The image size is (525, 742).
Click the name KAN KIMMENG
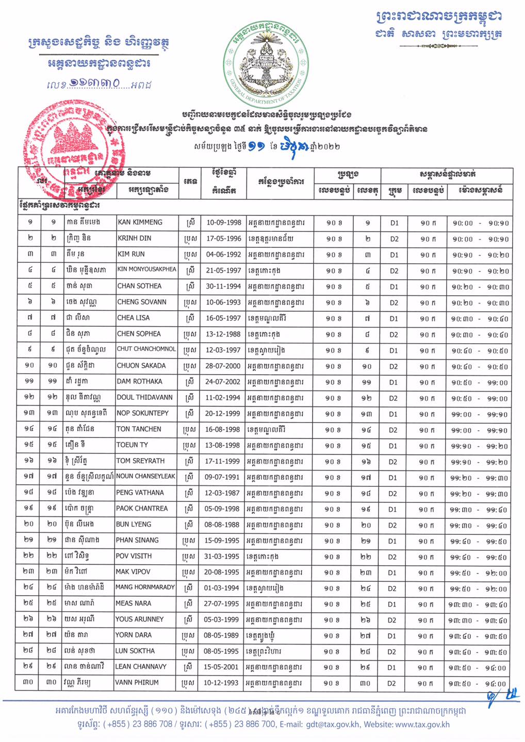click(x=140, y=222)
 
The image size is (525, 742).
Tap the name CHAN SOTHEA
click(x=139, y=286)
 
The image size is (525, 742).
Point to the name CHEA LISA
click(x=134, y=318)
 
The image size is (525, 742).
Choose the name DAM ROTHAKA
click(x=139, y=381)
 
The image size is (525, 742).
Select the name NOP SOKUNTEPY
click(x=142, y=413)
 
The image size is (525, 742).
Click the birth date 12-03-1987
click(x=222, y=493)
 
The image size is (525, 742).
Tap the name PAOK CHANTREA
click(x=142, y=508)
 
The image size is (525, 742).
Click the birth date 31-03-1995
click(x=222, y=556)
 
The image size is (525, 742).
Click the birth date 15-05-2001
click(x=222, y=666)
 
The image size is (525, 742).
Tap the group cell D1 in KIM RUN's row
click(x=394, y=255)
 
